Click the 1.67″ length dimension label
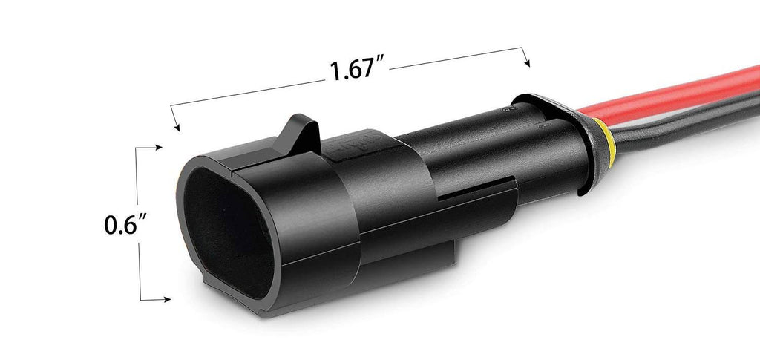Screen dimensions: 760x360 [x=357, y=69]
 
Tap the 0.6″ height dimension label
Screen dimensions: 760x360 [x=125, y=223]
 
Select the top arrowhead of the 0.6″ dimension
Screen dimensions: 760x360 [x=157, y=147]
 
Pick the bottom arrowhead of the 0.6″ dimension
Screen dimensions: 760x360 [x=166, y=299]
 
